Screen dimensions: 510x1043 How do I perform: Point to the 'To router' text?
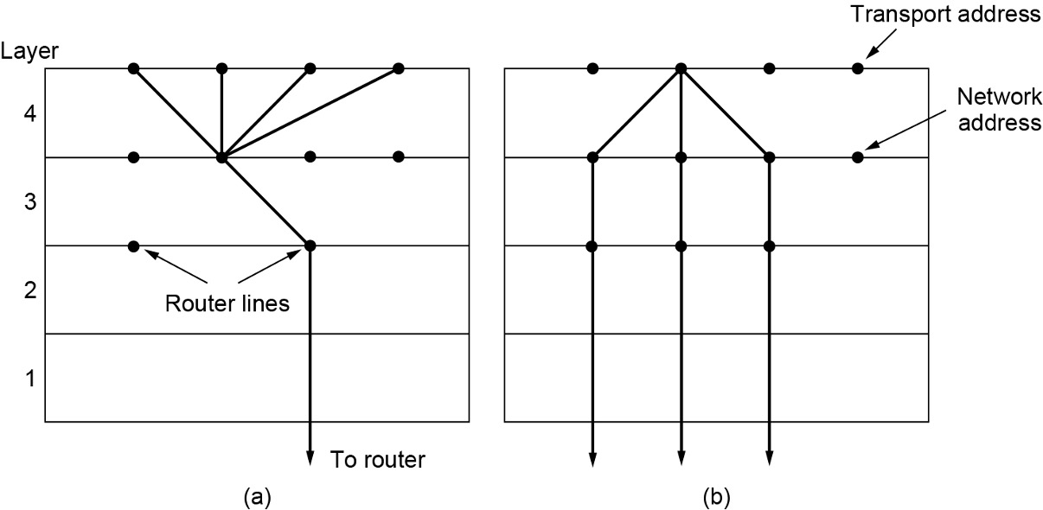coord(378,459)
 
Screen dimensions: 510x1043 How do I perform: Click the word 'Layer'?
coord(29,50)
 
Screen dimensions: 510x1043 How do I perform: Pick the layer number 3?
coord(29,201)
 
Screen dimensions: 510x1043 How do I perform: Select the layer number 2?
coord(29,290)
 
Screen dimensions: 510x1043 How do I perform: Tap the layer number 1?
coord(29,378)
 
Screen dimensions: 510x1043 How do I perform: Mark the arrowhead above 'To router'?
coord(310,458)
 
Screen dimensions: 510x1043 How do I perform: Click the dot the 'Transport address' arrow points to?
coord(857,68)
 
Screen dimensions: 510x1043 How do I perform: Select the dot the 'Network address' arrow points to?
coord(857,157)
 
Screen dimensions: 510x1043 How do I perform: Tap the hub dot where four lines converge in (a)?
coord(221,157)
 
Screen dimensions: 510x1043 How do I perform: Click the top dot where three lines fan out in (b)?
coord(681,68)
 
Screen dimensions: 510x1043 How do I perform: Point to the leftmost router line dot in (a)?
coord(133,246)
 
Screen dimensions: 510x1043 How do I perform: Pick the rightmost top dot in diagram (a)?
coord(398,68)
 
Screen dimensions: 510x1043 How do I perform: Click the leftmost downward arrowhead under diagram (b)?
coord(592,458)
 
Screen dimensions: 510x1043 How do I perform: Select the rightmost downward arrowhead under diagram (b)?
coord(769,458)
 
